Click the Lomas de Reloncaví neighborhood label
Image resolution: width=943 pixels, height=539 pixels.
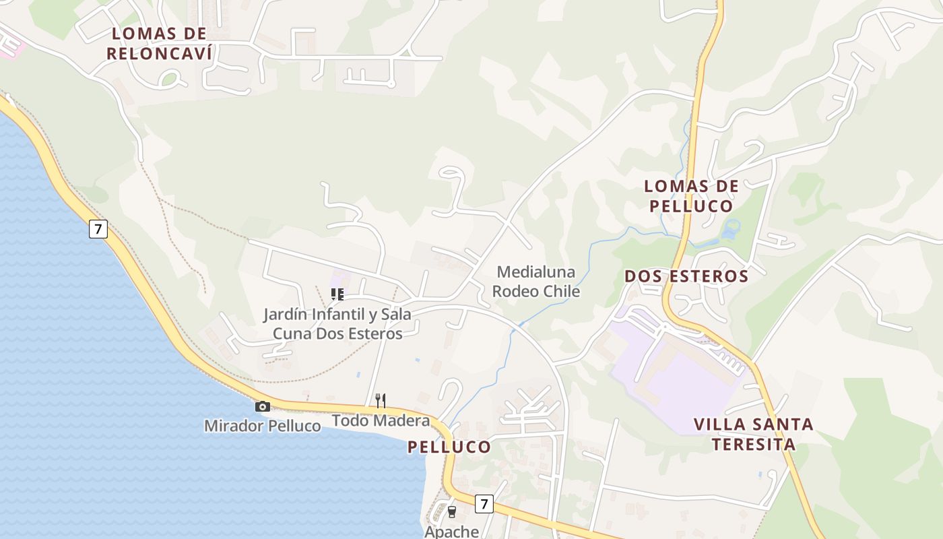[x=159, y=43]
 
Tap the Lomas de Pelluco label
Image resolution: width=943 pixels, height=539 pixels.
[x=691, y=195]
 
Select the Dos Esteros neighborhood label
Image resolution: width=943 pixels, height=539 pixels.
[x=686, y=276]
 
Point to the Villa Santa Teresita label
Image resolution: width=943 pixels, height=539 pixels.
[x=754, y=434]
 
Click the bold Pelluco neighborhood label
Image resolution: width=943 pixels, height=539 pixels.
[x=449, y=447]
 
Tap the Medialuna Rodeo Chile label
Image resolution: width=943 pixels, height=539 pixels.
[x=536, y=282]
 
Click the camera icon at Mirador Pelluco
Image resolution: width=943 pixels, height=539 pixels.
[x=263, y=406]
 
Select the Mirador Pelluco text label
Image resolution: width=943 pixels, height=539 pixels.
[x=263, y=426]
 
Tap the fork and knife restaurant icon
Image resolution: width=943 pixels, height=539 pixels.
[x=381, y=401]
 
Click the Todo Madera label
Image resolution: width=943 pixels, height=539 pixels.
[x=381, y=421]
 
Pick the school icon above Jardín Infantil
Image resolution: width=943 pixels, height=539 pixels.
[x=337, y=294]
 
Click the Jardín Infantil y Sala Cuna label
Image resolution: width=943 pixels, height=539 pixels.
[x=337, y=323]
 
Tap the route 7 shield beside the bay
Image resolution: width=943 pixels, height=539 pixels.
[x=98, y=229]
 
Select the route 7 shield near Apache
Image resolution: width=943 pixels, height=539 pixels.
[x=484, y=503]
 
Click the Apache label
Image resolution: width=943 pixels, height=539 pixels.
[x=451, y=532]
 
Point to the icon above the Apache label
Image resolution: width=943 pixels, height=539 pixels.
[x=451, y=512]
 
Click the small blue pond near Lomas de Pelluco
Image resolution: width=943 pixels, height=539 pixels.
[x=729, y=229]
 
